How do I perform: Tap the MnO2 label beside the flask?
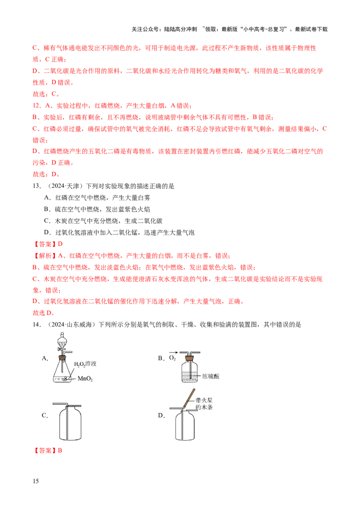tap(85, 379)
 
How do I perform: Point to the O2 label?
tap(172, 358)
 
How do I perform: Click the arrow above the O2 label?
tap(172, 353)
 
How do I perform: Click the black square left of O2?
tap(160, 358)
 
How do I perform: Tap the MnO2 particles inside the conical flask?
tap(65, 379)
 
